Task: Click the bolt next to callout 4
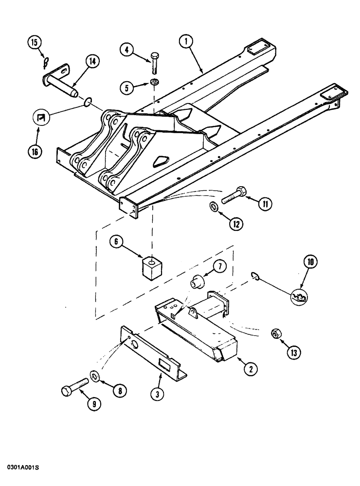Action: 155,63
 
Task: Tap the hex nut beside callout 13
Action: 275,334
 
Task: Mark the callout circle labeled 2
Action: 250,369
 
